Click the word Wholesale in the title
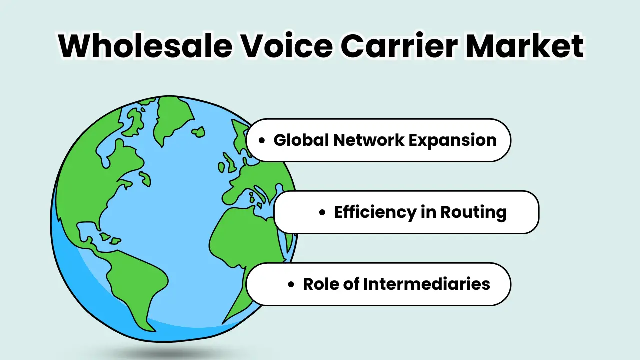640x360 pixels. pyautogui.click(x=144, y=46)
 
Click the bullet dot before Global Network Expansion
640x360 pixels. pyautogui.click(x=262, y=141)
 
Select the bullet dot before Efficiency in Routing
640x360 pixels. pyautogui.click(x=322, y=213)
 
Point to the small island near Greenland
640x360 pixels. pyautogui.click(x=198, y=132)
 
